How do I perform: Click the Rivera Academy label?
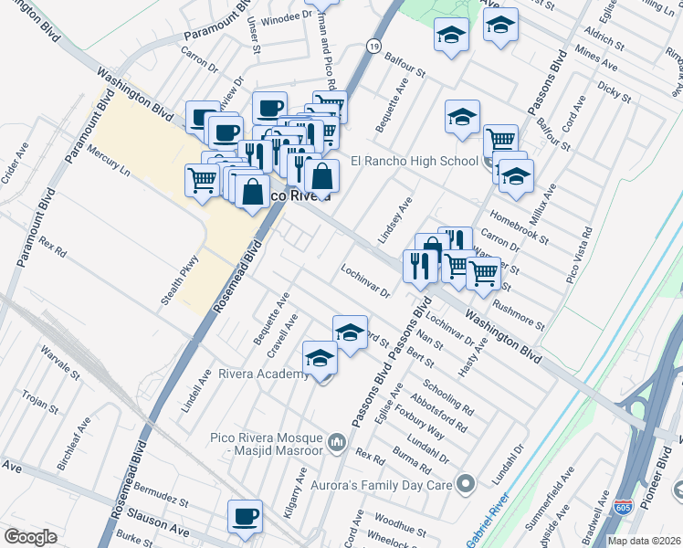click(262, 374)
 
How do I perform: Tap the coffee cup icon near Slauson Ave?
click(245, 517)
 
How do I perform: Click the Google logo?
click(31, 537)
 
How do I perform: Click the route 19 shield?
click(373, 45)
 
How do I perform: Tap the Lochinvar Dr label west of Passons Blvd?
click(365, 282)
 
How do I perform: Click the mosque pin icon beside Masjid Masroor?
click(336, 444)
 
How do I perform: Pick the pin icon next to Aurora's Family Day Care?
click(467, 482)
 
